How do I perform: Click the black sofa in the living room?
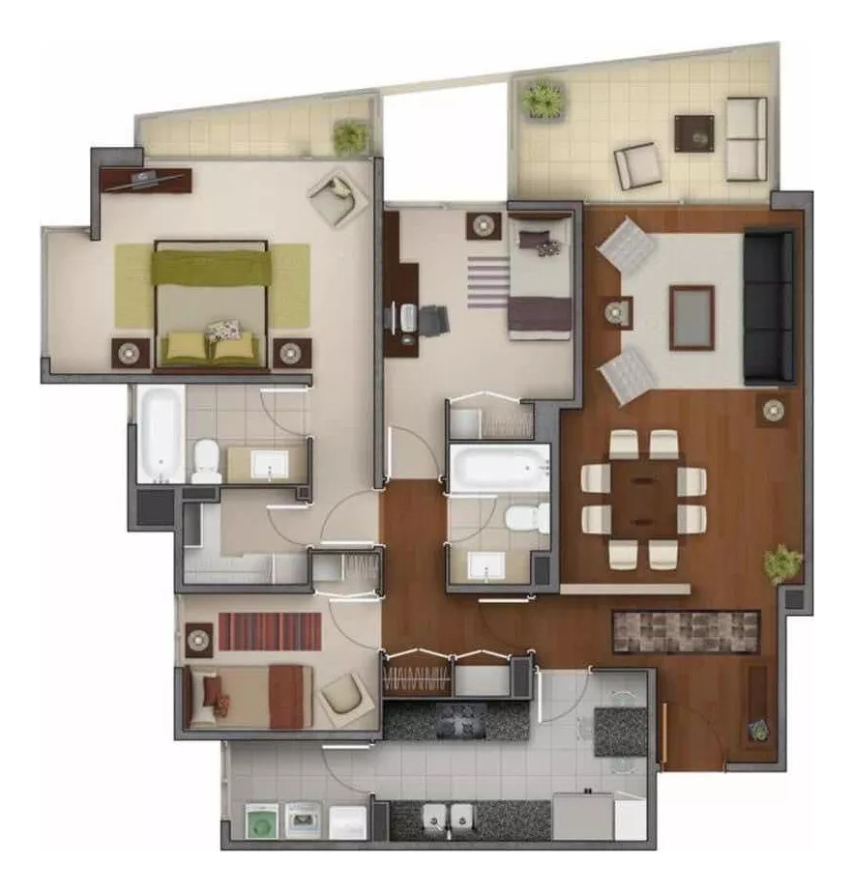click(x=769, y=306)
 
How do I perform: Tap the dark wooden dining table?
click(x=643, y=499)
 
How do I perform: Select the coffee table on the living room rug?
click(x=691, y=317)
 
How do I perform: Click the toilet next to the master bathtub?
click(x=206, y=460)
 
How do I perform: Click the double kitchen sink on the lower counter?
click(x=447, y=820)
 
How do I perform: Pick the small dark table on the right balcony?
click(x=693, y=132)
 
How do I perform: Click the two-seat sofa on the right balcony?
click(x=747, y=138)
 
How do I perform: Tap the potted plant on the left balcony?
click(x=350, y=135)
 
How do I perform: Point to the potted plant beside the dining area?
click(x=782, y=562)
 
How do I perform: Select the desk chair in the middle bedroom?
click(x=432, y=319)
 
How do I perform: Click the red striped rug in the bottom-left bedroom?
click(x=270, y=631)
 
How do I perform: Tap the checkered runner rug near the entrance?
click(x=686, y=631)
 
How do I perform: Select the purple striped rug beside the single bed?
click(x=487, y=281)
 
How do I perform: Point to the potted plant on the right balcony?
click(x=543, y=100)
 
